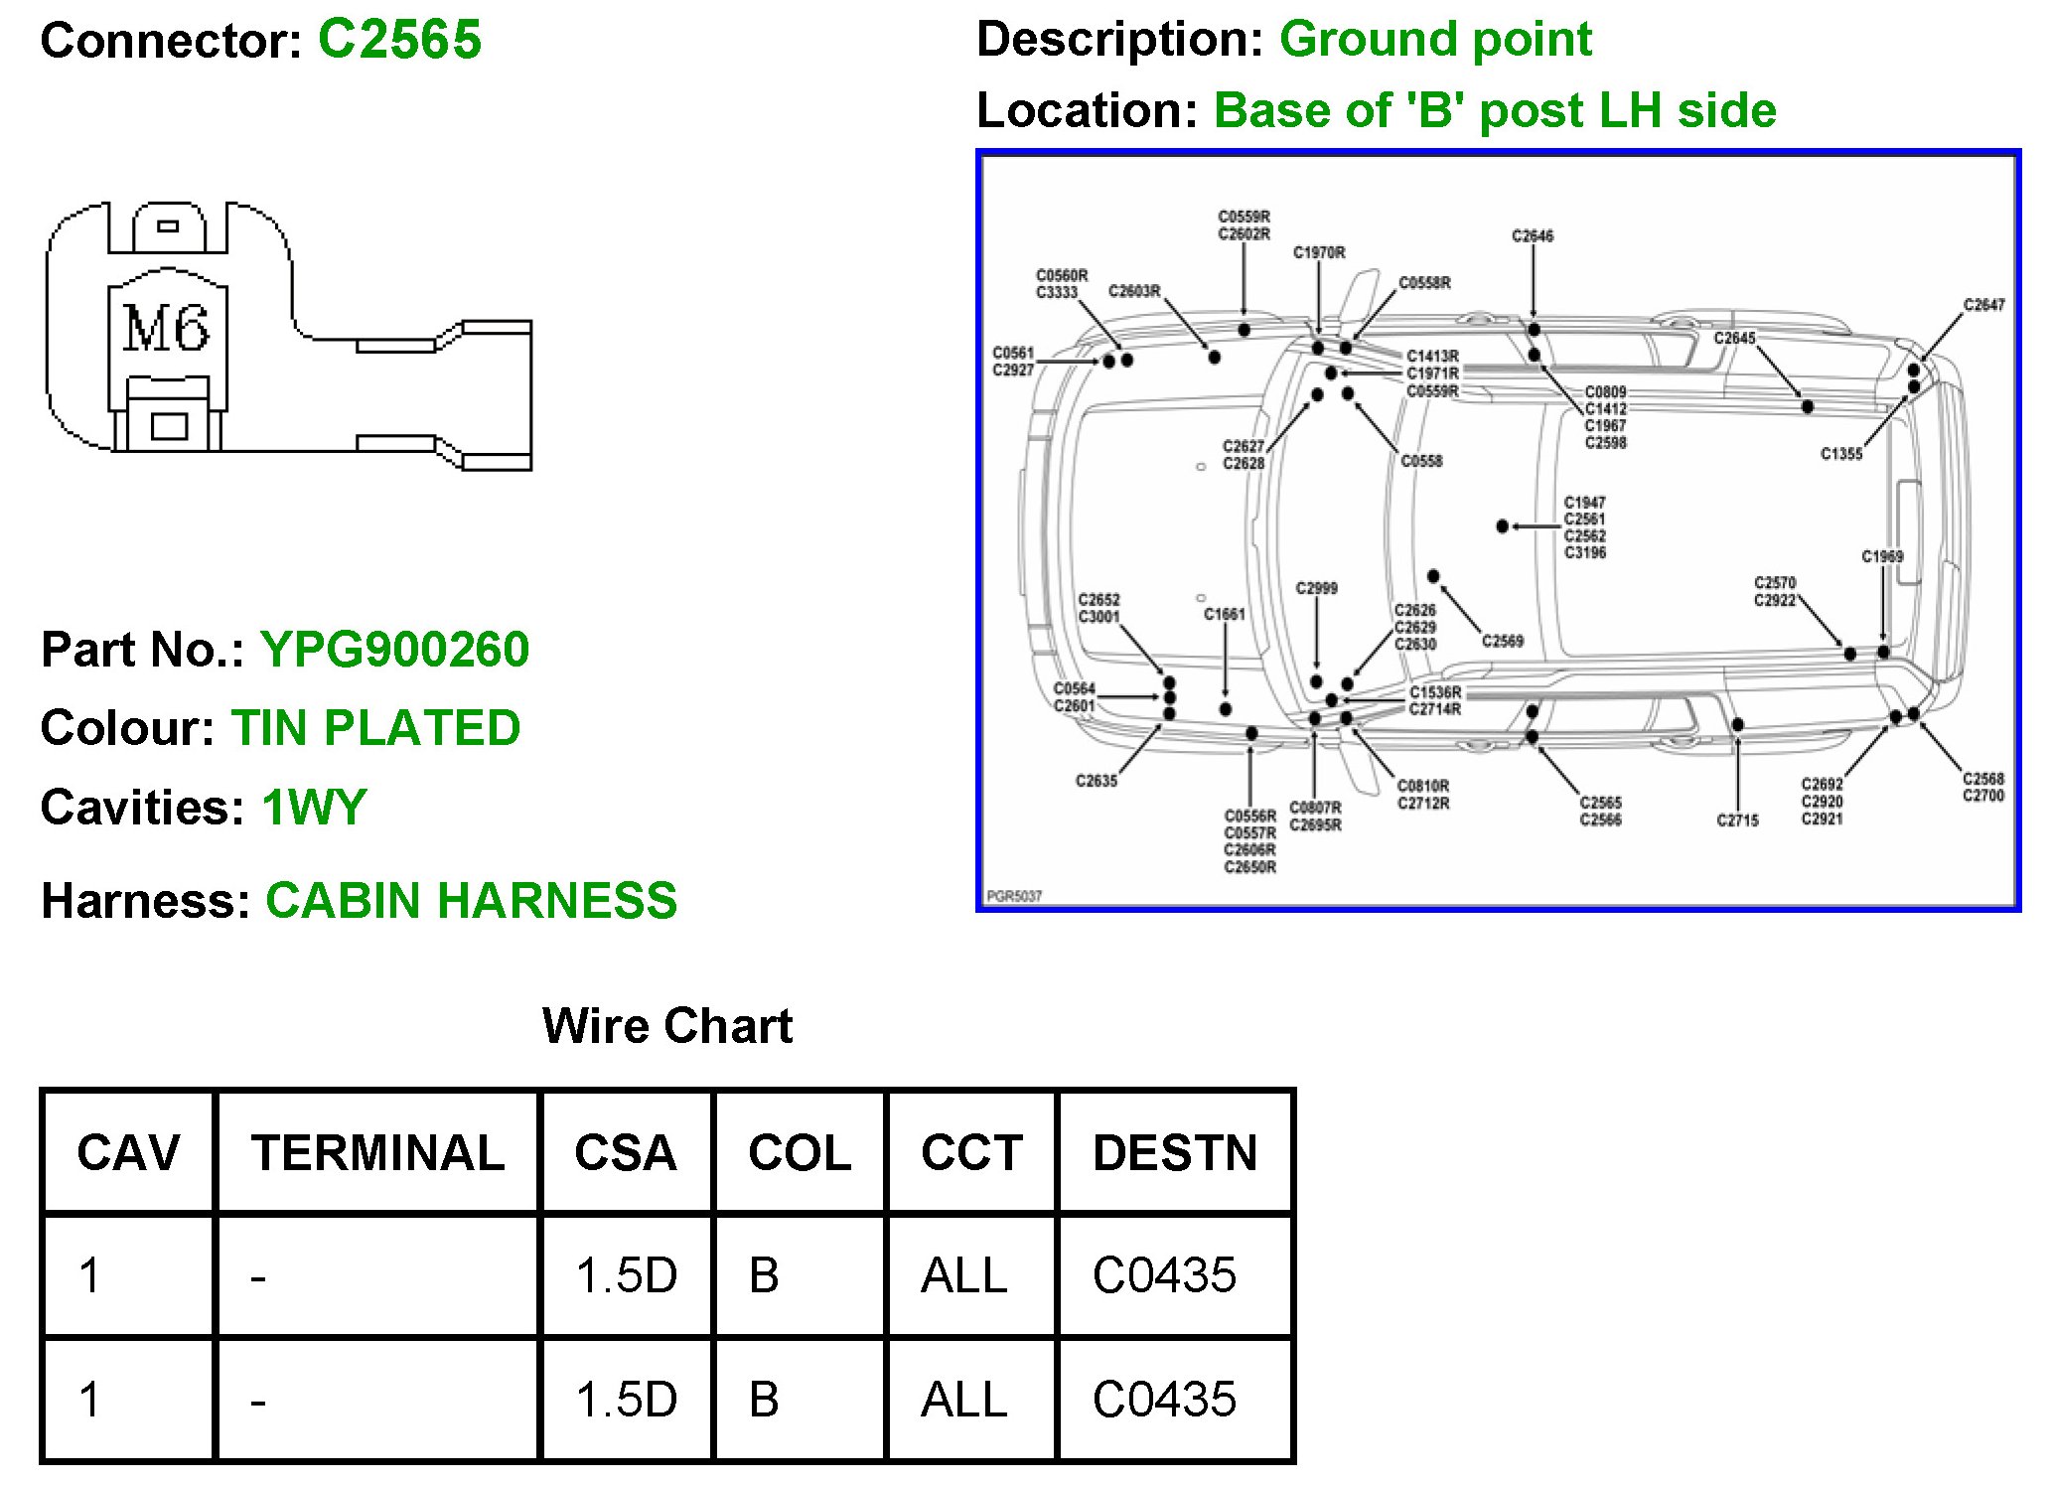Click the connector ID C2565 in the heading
point(399,40)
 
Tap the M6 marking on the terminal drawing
point(166,329)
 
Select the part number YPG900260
point(394,650)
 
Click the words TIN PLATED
point(375,728)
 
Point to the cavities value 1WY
point(314,807)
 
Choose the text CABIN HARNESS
point(471,901)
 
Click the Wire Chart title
point(666,1025)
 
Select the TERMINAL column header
point(377,1153)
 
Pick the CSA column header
point(626,1153)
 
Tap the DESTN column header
point(1175,1153)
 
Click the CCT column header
point(971,1153)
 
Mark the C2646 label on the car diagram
point(1532,236)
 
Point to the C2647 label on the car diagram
point(1983,305)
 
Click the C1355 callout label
point(1840,454)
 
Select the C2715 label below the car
point(1737,820)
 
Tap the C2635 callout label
point(1097,781)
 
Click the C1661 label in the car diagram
point(1224,615)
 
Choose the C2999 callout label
point(1316,589)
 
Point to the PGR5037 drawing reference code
point(1014,896)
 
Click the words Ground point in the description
point(1435,40)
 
